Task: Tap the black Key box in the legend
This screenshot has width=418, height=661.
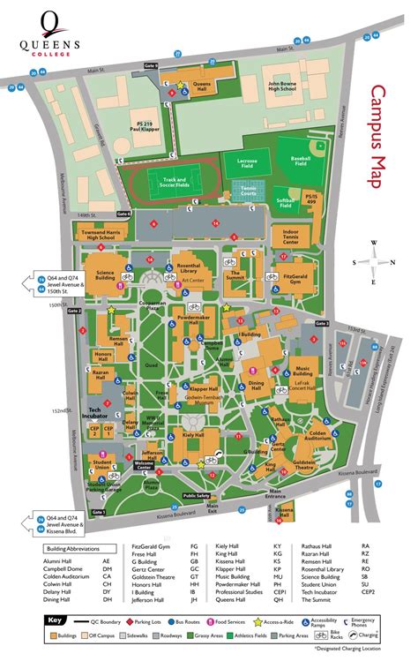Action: [56, 620]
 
